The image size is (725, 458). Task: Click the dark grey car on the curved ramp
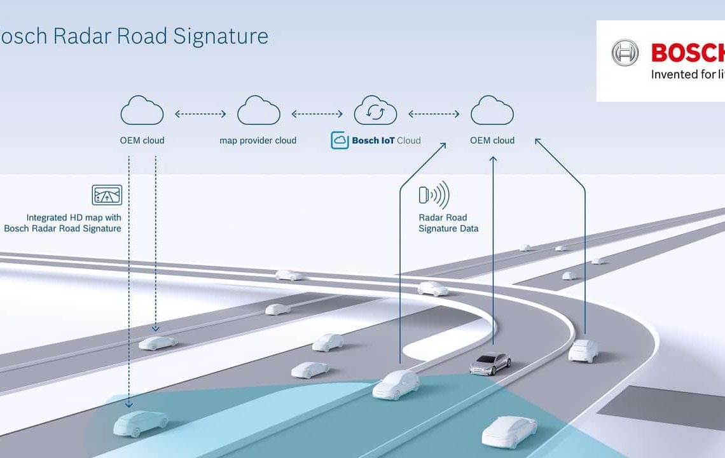[490, 363]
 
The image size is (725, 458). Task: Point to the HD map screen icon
[106, 195]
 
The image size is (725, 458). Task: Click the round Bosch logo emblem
[625, 53]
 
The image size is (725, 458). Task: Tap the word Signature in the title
[221, 36]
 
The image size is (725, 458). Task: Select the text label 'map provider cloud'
[258, 141]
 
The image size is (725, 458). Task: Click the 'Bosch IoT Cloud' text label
[386, 141]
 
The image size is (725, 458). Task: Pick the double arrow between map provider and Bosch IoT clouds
[317, 114]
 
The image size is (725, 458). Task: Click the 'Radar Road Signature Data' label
[448, 223]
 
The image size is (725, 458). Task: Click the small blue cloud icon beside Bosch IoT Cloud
[340, 141]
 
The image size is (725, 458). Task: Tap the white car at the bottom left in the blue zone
[141, 422]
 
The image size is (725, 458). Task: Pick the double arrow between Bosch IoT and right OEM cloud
[433, 114]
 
